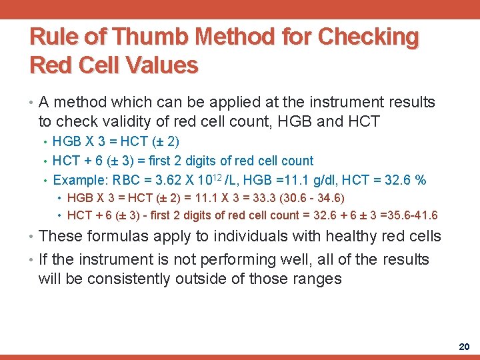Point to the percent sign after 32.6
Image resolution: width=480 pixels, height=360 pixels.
420,180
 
